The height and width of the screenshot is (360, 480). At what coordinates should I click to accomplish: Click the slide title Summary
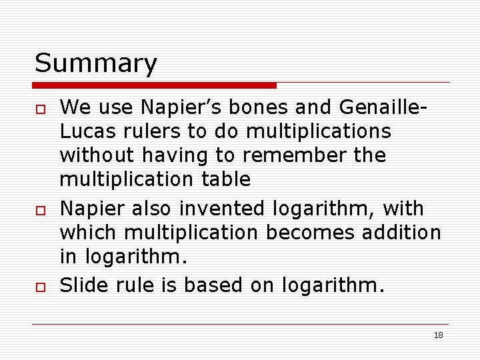coord(96,63)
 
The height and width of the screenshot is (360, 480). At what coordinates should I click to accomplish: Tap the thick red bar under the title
coord(155,85)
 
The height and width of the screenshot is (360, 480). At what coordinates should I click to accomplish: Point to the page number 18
coord(438,335)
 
